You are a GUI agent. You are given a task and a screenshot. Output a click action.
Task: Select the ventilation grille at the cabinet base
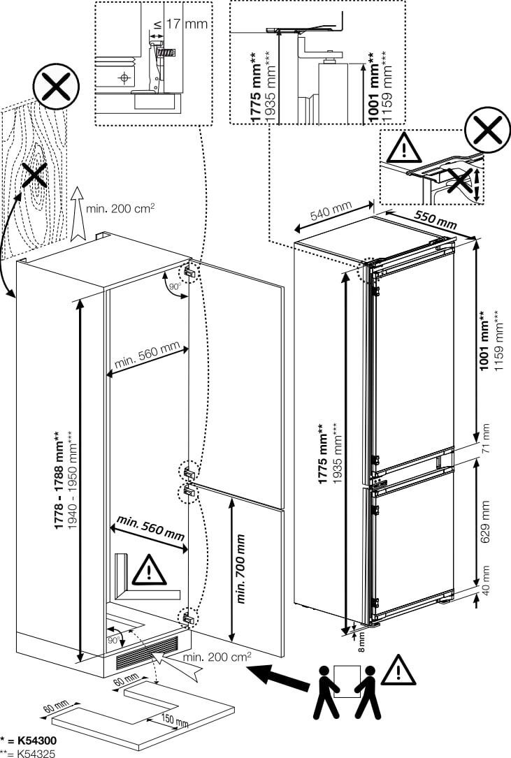point(147,656)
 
